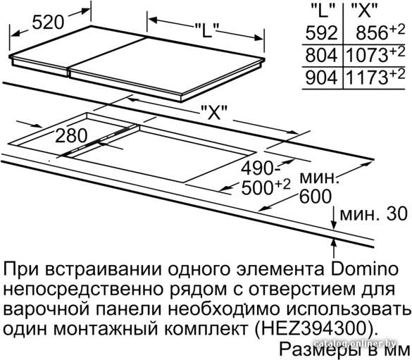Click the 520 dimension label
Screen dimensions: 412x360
pyautogui.click(x=48, y=22)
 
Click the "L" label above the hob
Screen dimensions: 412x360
pyautogui.click(x=207, y=30)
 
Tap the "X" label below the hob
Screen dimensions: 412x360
pyautogui.click(x=213, y=112)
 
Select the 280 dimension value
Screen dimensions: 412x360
pyautogui.click(x=71, y=135)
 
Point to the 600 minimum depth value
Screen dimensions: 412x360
pyautogui.click(x=316, y=197)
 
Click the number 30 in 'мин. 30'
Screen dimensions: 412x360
pyautogui.click(x=397, y=213)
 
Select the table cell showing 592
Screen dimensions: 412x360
pyautogui.click(x=322, y=33)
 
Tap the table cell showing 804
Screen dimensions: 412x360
pyautogui.click(x=321, y=56)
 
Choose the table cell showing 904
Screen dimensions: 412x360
pyautogui.click(x=321, y=77)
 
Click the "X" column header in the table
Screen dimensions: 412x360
pyautogui.click(x=364, y=11)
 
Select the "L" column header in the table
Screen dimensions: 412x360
pyautogui.click(x=323, y=11)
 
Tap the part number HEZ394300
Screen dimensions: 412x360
pyautogui.click(x=313, y=328)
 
